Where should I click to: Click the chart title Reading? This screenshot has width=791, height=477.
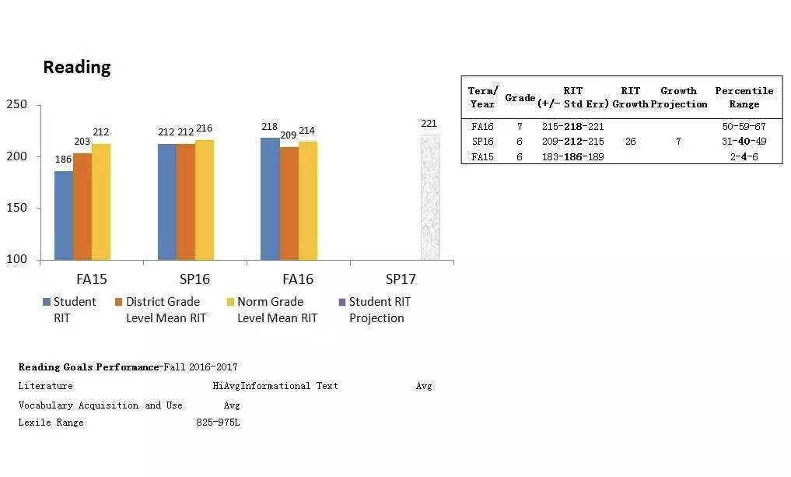(76, 68)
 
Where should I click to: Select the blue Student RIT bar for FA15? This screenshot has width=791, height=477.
(64, 216)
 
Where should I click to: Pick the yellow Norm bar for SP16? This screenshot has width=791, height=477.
(205, 200)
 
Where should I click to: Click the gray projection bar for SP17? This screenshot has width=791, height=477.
(430, 198)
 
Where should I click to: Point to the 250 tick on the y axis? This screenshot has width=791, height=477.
(16, 105)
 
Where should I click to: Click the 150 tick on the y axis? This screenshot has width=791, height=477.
(16, 208)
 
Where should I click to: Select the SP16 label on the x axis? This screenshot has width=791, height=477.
(194, 279)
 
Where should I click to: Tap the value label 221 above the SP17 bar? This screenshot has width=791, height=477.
(429, 124)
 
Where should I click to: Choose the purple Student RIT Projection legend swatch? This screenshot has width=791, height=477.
(342, 302)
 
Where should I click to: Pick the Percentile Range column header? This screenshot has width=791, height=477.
(744, 97)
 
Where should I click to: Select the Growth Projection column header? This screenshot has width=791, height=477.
(678, 97)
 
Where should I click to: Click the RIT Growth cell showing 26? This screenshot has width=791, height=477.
(630, 142)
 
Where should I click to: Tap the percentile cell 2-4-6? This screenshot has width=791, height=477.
(744, 156)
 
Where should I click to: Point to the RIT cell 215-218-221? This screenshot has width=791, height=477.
(572, 126)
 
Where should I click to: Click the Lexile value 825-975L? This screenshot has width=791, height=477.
(218, 423)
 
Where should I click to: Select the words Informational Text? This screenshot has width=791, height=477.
(289, 386)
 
